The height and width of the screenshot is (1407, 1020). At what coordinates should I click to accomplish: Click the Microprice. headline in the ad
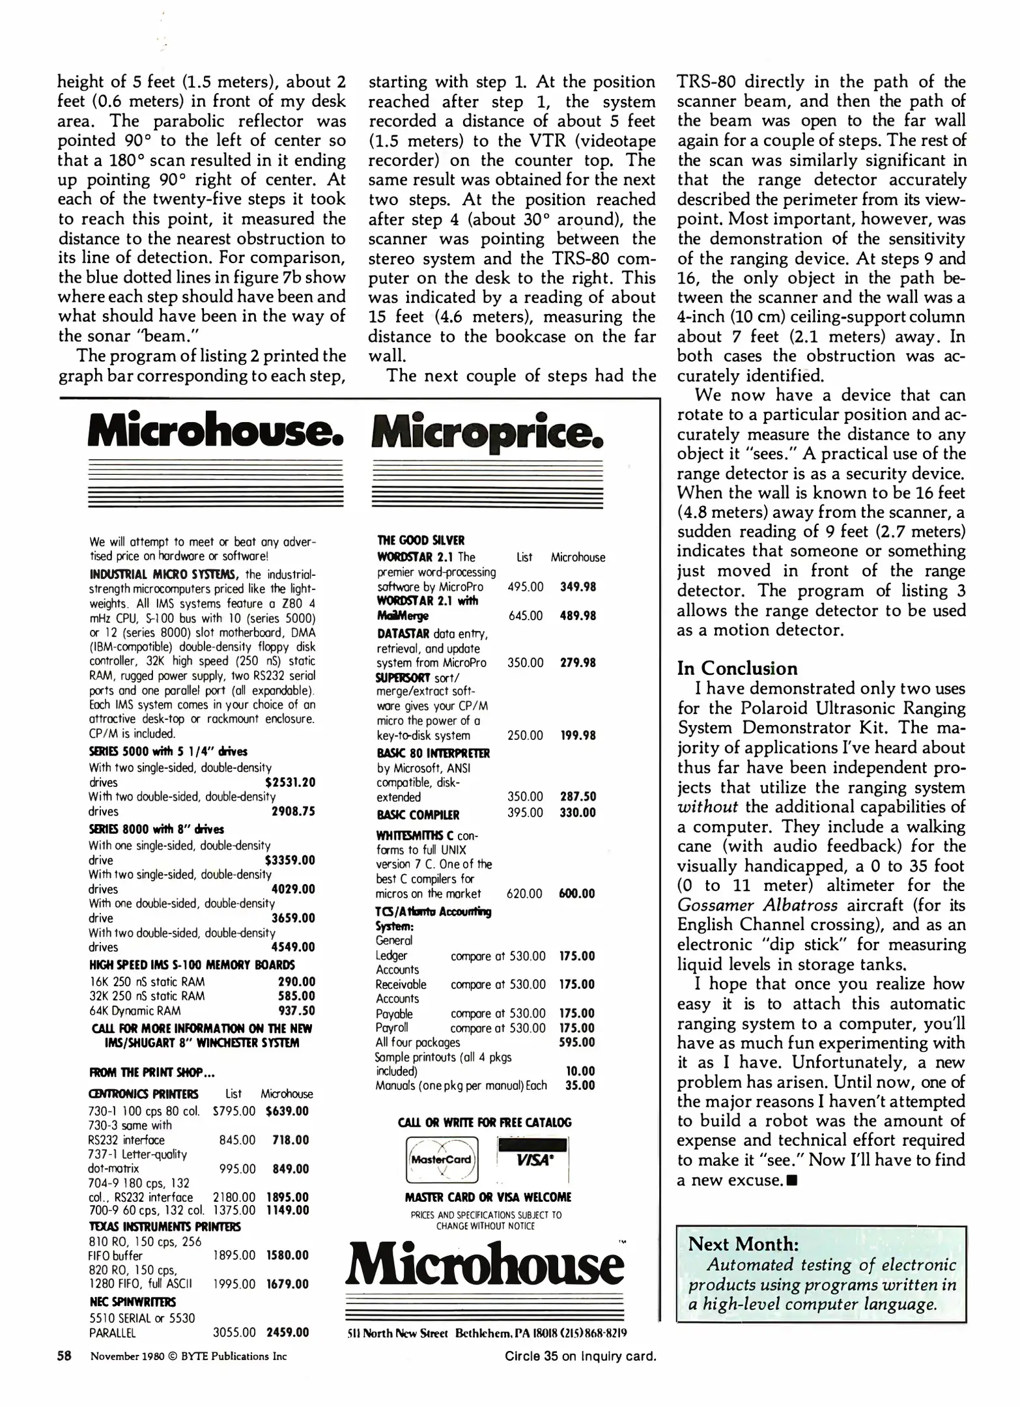coord(487,432)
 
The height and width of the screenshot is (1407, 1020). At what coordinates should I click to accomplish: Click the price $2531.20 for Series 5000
coord(290,782)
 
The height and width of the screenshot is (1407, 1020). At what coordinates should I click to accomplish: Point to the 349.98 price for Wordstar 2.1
coord(578,586)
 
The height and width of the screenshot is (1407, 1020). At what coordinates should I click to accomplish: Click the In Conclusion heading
coord(737,668)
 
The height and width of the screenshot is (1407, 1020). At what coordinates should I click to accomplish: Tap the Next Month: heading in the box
coord(743,1244)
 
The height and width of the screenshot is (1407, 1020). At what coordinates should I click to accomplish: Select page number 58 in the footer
coord(64,1356)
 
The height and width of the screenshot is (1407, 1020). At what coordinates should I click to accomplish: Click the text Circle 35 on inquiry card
coord(580,1356)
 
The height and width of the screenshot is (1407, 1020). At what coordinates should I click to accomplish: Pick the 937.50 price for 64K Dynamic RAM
coord(296,1011)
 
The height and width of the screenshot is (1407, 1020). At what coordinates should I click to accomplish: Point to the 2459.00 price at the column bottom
coord(287,1332)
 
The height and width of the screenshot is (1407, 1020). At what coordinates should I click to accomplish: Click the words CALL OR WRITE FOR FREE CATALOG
coord(485,1122)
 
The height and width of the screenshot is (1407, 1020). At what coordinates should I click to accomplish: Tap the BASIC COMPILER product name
coord(418,815)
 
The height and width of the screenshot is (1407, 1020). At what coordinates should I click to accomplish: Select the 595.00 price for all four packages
coord(577,1042)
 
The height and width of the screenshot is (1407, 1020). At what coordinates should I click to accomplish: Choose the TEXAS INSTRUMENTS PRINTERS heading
coord(164,1227)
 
